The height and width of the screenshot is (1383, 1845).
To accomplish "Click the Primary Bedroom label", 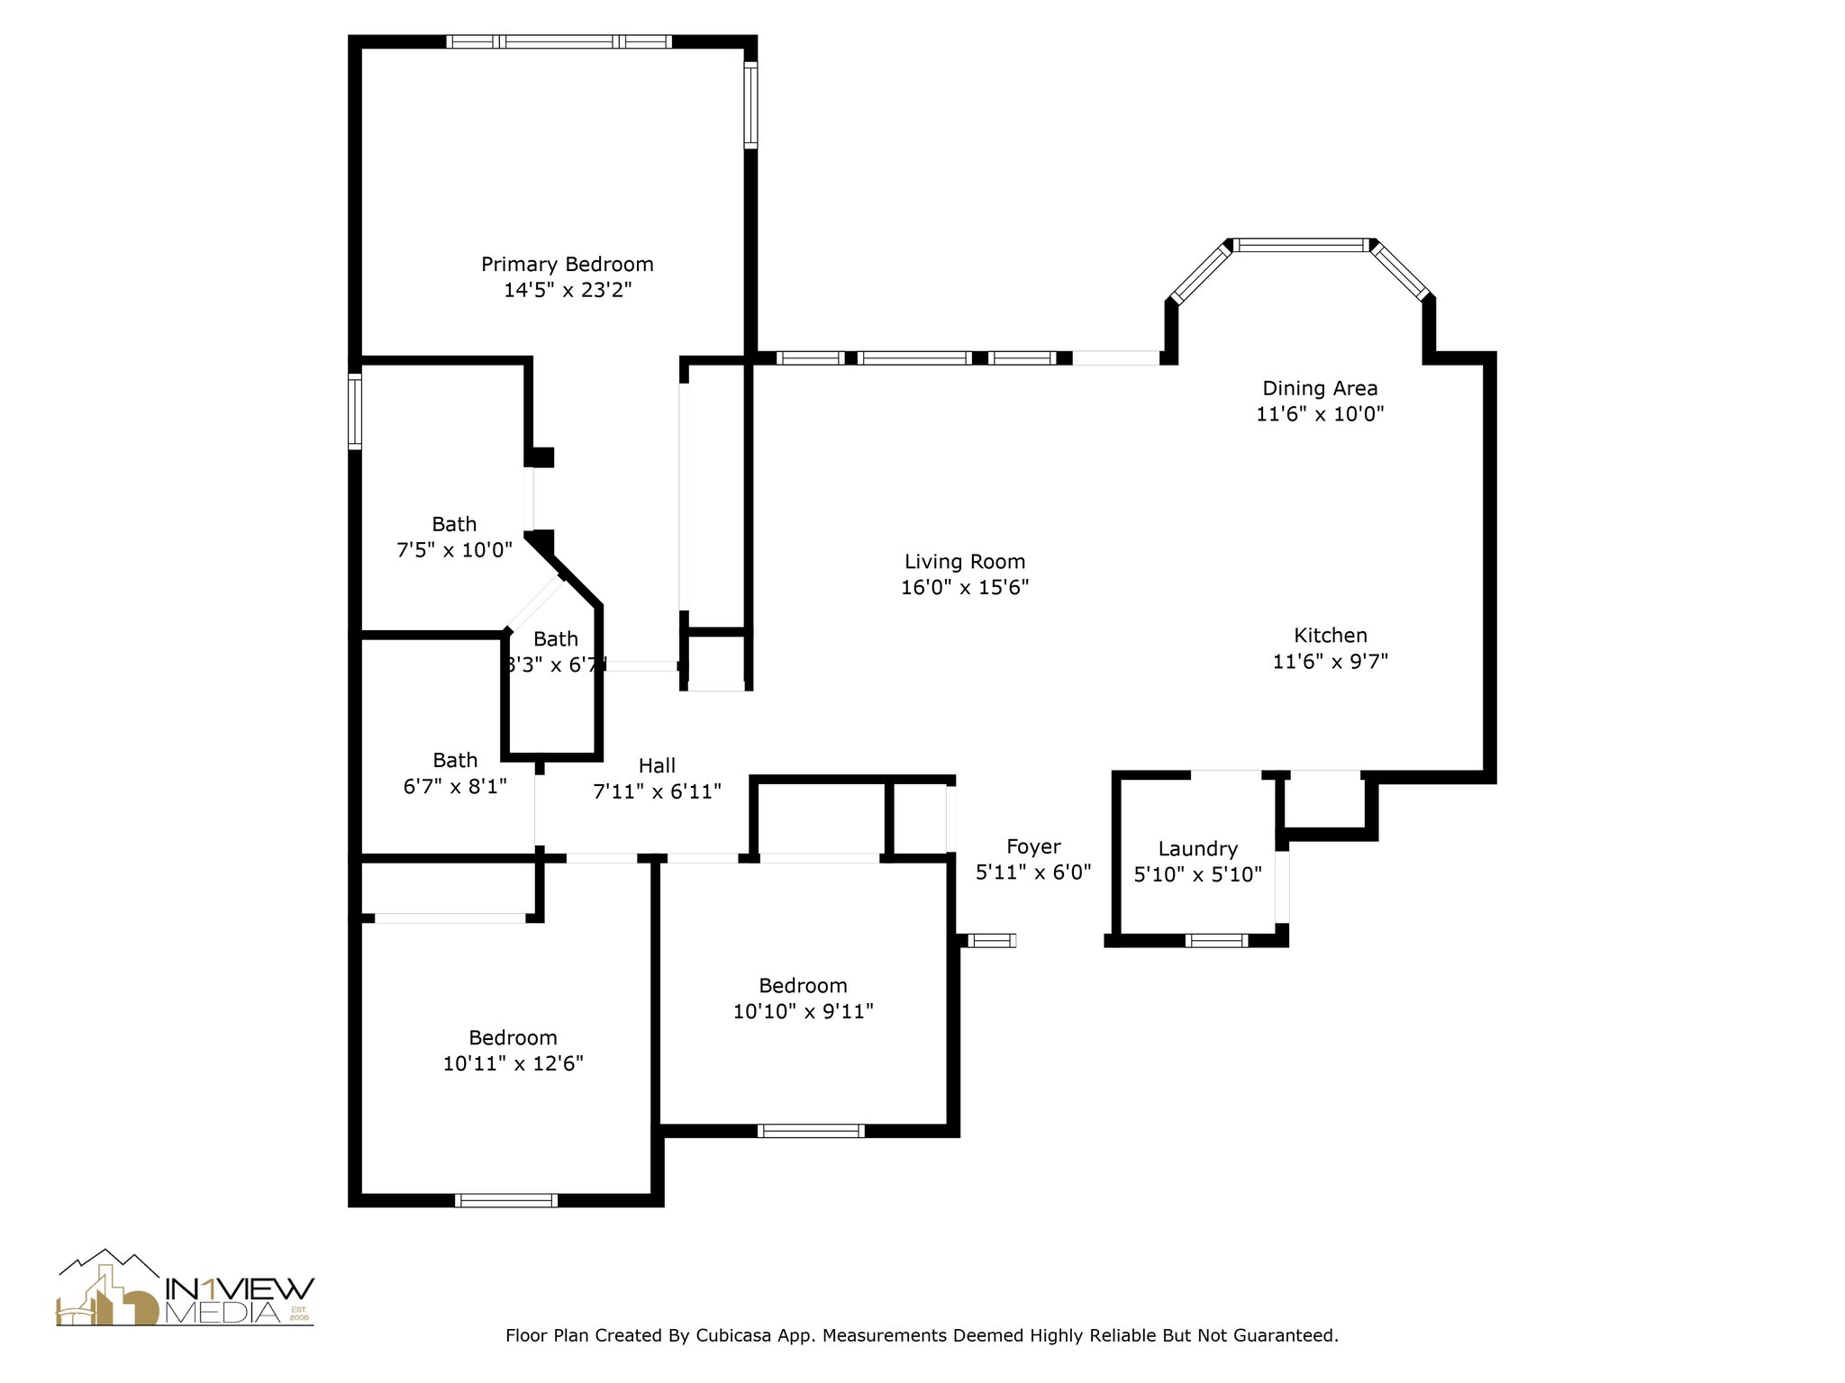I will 567,264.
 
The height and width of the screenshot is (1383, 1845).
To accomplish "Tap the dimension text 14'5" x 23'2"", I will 567,290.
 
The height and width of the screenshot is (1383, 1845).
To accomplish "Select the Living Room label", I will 965,562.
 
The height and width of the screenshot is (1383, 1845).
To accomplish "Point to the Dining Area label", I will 1320,388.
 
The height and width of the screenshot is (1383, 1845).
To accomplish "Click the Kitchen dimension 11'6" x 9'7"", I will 1330,662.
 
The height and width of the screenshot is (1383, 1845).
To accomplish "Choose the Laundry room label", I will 1197,848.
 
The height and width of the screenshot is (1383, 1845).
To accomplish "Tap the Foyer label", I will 1033,846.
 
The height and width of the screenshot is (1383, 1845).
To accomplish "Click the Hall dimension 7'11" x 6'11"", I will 657,791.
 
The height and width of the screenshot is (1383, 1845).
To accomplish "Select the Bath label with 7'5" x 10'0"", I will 454,524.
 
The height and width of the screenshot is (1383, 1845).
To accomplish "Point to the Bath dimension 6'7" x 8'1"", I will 455,786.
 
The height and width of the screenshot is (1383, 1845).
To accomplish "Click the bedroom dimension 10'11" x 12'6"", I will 513,1063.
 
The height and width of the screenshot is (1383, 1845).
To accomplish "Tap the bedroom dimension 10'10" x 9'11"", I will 803,1011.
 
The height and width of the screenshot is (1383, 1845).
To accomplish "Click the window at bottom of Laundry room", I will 1216,941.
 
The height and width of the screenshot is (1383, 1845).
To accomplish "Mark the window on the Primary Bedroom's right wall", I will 750,104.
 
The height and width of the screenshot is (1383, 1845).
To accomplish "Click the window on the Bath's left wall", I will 355,411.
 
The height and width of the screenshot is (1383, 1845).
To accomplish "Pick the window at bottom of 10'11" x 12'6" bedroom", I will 506,1200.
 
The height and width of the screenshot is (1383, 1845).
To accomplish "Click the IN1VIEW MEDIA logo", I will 186,1288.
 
